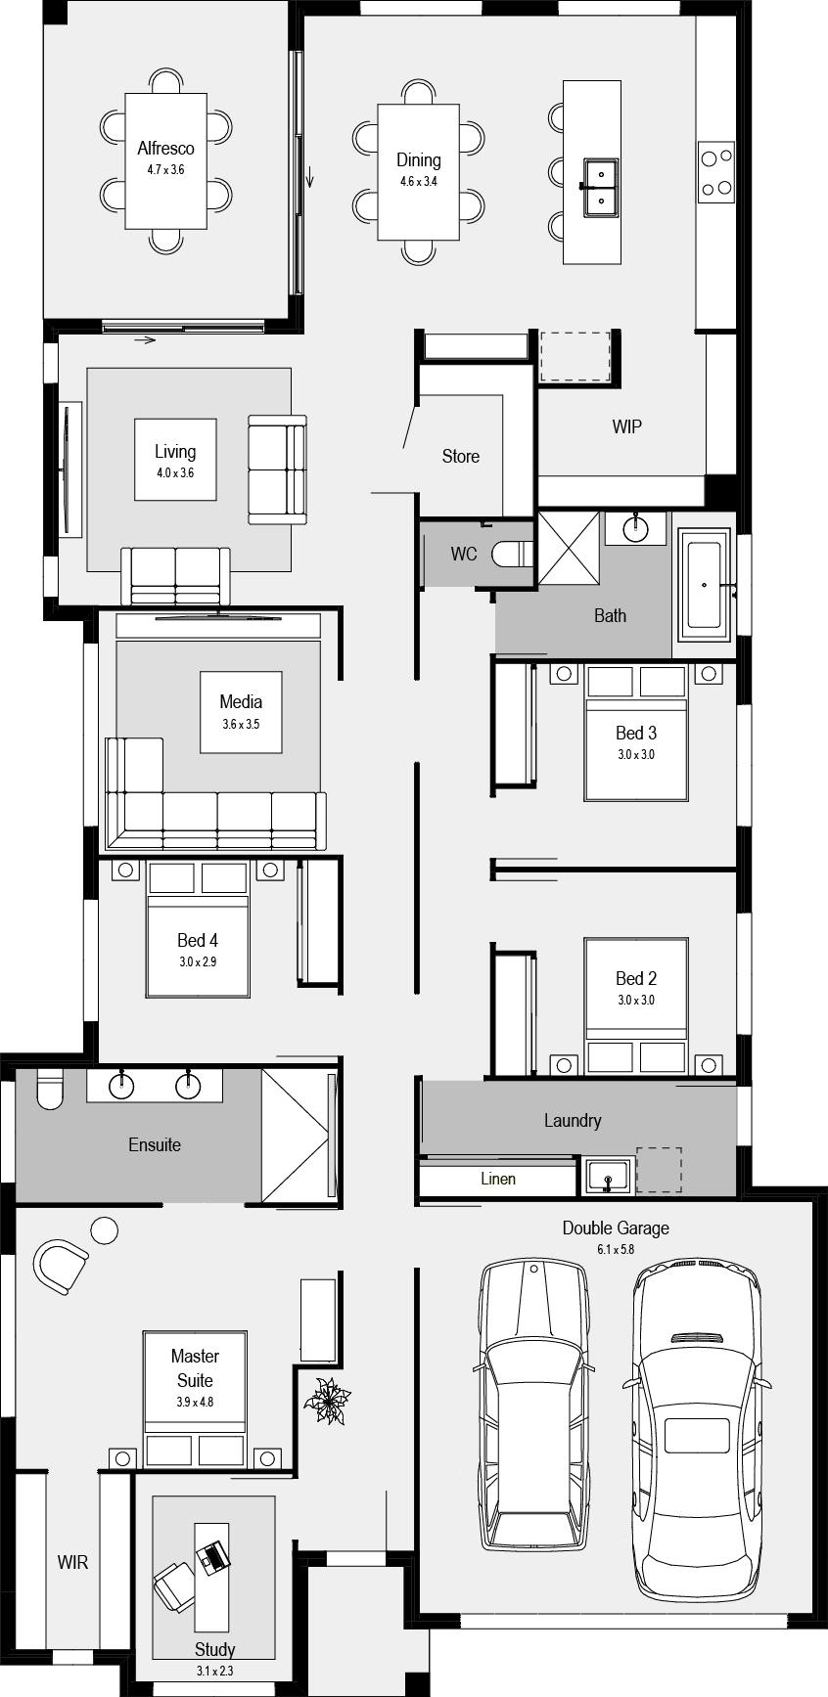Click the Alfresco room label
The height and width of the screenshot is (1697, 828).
coord(165,149)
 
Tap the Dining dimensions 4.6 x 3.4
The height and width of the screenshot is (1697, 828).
coord(418,182)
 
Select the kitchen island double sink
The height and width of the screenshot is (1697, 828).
coord(598,186)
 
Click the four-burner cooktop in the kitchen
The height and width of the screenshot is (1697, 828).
coord(715,171)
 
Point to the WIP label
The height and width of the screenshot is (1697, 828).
coord(626,426)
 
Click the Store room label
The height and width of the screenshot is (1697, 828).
coord(460,456)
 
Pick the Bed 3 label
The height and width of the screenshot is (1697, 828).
coord(635,733)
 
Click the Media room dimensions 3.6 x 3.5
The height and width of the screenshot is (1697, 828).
coord(241,725)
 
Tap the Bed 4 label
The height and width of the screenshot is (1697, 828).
coord(197,940)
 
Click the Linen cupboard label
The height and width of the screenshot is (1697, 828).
coord(497,1179)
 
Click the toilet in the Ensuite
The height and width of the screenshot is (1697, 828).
coord(48,1090)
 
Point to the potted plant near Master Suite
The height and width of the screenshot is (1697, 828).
coord(327,1401)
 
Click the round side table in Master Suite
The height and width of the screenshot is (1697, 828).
coord(104,1229)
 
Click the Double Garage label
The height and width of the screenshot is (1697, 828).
coord(615,1228)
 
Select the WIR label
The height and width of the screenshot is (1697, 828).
coord(72,1562)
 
